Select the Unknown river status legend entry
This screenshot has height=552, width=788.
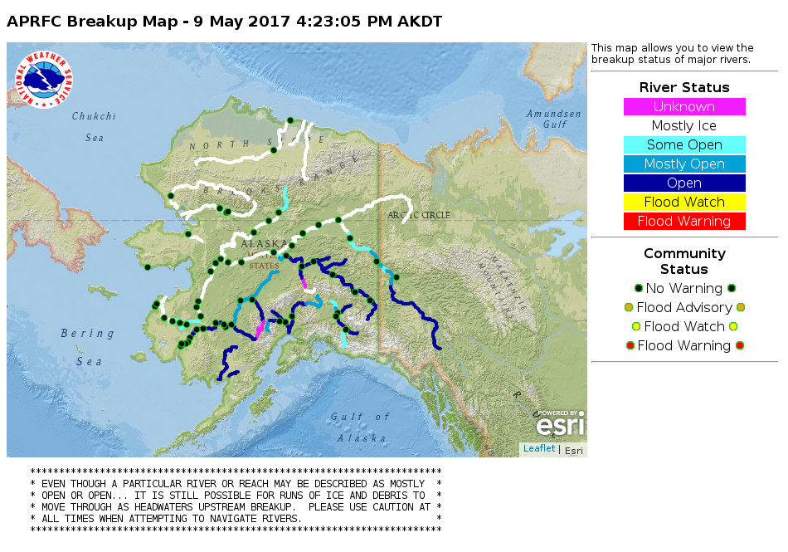point(684,107)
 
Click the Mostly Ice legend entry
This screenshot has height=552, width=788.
point(684,126)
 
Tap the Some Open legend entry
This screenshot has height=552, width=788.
point(684,145)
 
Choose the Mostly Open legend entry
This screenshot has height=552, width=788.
point(684,164)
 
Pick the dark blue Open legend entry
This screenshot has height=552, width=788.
point(684,183)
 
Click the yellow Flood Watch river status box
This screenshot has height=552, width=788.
point(684,203)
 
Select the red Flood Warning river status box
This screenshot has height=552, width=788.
point(684,222)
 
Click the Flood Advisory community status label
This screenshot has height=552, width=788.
point(684,308)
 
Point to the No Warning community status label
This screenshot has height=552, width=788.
point(684,289)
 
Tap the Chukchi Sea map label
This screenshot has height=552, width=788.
point(93,126)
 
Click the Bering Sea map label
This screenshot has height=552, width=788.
point(87,347)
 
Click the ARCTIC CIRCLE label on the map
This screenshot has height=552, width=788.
point(419,215)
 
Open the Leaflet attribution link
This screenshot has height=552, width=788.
point(538,449)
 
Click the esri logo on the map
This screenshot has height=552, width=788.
point(560,424)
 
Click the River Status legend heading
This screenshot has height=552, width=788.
point(684,88)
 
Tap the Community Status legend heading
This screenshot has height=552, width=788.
point(684,261)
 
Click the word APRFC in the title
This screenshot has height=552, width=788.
point(34,22)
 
